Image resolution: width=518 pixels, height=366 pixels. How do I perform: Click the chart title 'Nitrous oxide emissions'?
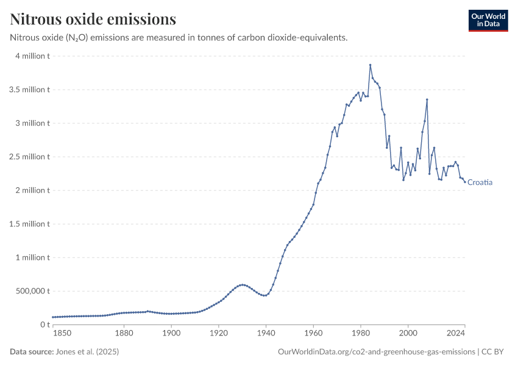(x=93, y=20)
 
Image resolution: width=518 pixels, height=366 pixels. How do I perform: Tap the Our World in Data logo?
(x=488, y=20)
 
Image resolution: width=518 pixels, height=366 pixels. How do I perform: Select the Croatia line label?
(x=480, y=182)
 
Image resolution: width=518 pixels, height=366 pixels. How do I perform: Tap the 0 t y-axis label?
(x=44, y=325)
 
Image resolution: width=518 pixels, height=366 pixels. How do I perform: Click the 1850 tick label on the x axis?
(x=62, y=333)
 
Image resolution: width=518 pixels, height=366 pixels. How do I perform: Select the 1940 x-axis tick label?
(x=266, y=333)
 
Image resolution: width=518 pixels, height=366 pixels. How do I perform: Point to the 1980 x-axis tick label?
(x=361, y=333)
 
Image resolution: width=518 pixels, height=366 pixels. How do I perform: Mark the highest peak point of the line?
(x=370, y=65)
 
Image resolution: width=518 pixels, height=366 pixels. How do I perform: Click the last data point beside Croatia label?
(x=465, y=182)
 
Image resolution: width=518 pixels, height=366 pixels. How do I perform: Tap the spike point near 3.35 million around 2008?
(x=427, y=99)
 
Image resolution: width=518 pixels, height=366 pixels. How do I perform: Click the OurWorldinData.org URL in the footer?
(x=376, y=352)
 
